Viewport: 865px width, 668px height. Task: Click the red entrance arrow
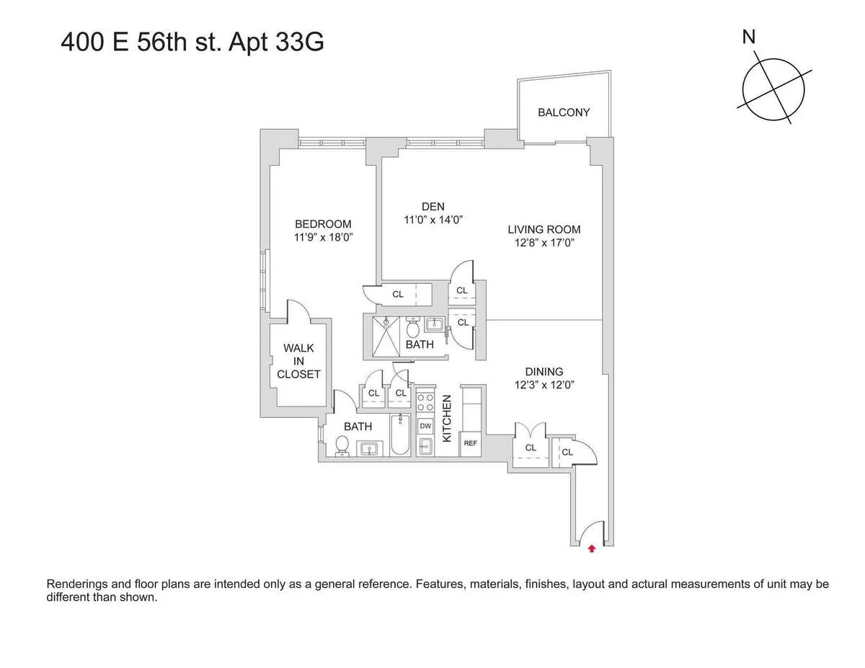click(592, 548)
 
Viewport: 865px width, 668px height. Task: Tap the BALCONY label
click(564, 112)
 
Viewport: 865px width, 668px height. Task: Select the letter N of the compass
click(749, 37)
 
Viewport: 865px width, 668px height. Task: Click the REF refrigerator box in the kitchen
click(471, 443)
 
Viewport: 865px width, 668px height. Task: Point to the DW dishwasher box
click(425, 425)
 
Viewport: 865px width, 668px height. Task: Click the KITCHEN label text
click(447, 418)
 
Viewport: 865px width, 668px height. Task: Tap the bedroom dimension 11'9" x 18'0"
click(323, 236)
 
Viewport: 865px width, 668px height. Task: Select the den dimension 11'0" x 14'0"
click(432, 220)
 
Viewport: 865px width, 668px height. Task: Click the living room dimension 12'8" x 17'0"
click(544, 243)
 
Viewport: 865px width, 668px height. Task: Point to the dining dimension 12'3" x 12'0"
click(544, 385)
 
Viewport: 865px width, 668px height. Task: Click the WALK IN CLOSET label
click(298, 361)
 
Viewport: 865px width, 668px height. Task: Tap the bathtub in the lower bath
click(400, 435)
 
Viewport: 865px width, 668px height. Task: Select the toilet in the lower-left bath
click(342, 447)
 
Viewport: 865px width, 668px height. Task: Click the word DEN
click(432, 207)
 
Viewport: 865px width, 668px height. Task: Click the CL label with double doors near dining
click(531, 447)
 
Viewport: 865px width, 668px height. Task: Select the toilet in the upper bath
click(414, 329)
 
